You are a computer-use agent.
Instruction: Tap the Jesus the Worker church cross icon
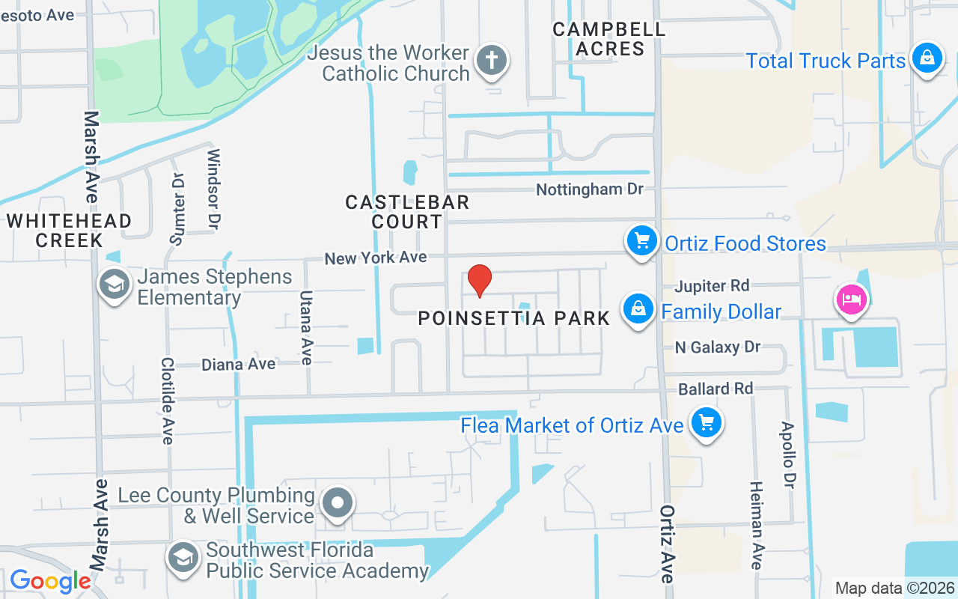point(492,59)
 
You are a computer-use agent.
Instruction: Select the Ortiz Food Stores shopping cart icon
point(641,241)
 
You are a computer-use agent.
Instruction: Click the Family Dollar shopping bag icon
point(638,308)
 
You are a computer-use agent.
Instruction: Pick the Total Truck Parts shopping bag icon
point(927,58)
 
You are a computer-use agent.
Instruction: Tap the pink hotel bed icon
point(850,300)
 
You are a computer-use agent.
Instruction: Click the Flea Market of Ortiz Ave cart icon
point(705,423)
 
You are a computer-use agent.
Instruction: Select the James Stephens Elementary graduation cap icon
point(115,284)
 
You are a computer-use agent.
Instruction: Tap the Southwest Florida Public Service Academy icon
point(182,557)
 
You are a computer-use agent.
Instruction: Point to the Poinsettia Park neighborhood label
point(514,318)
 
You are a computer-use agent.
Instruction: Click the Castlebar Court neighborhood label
point(407,212)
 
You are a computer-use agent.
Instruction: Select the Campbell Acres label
point(608,39)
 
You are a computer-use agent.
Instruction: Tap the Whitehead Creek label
point(69,231)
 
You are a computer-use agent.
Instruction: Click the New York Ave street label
point(375,258)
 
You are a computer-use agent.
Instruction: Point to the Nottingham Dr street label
point(590,189)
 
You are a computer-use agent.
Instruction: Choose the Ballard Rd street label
point(715,389)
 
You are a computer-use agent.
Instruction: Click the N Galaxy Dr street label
point(717,347)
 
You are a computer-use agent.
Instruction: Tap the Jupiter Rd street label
point(711,286)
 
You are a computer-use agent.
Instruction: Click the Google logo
point(50,581)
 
